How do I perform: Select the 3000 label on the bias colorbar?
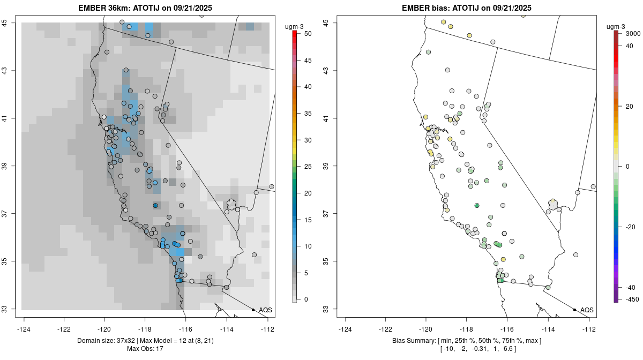(x=633, y=33)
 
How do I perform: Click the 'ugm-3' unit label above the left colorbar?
(x=295, y=24)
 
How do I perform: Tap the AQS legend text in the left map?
(x=265, y=310)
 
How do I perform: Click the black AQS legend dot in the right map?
(x=574, y=310)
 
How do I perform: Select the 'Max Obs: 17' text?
(x=145, y=349)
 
